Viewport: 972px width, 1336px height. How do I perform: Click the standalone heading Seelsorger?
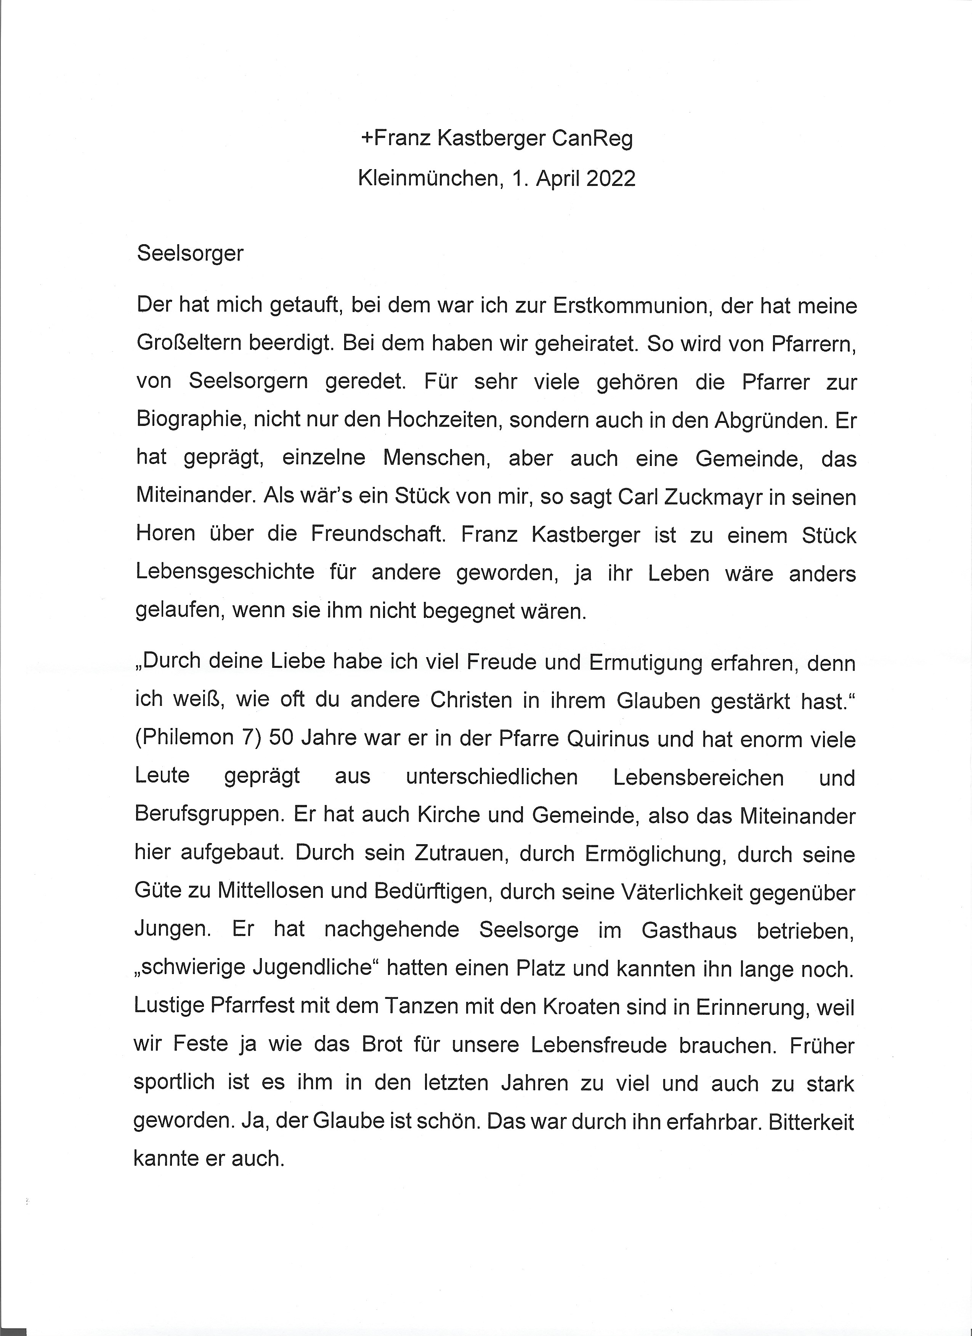click(190, 254)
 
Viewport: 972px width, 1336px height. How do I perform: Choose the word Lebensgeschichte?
click(225, 573)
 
